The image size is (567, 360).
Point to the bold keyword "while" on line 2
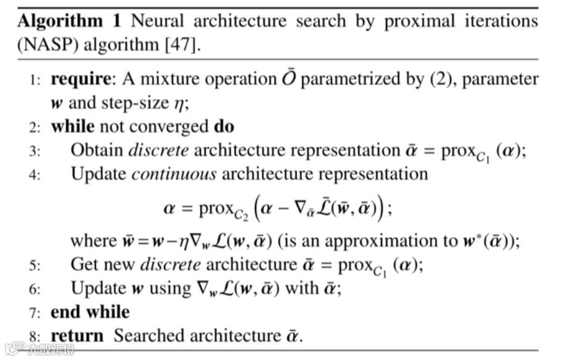[x=72, y=126]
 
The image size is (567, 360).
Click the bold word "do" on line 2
[x=224, y=126]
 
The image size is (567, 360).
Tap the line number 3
[x=35, y=150]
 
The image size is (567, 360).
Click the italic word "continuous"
[x=174, y=174]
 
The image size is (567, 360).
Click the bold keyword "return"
[x=77, y=335]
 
